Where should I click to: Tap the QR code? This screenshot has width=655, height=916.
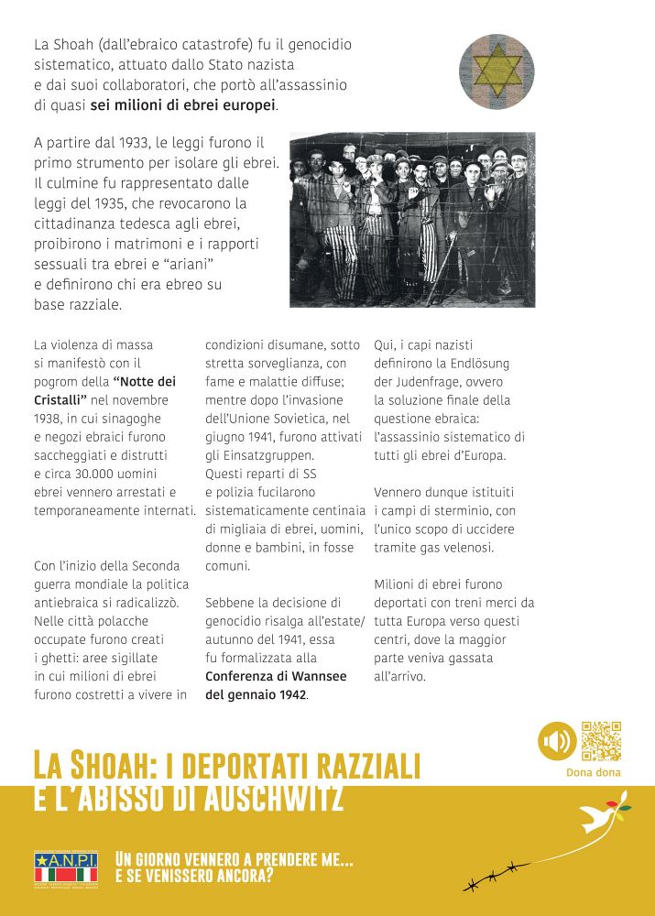pyautogui.click(x=601, y=741)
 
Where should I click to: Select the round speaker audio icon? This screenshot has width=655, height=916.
pyautogui.click(x=556, y=741)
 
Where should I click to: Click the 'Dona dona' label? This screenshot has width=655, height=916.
pyautogui.click(x=594, y=772)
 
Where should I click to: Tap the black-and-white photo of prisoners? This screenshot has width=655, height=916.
pyautogui.click(x=412, y=220)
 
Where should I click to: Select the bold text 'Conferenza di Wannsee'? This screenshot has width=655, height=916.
pyautogui.click(x=276, y=676)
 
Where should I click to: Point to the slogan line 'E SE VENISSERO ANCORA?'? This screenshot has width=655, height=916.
pyautogui.click(x=194, y=876)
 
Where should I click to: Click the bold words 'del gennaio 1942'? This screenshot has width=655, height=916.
pyautogui.click(x=256, y=694)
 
